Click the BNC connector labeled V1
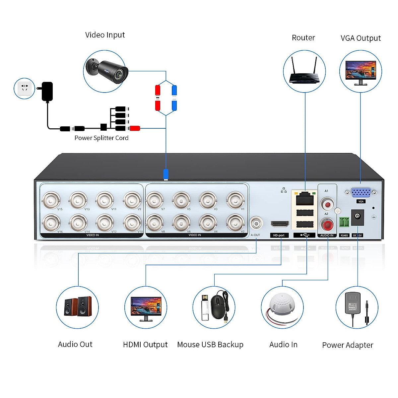pos(235,200)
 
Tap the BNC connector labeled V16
pos(51,223)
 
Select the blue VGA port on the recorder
pos(361,192)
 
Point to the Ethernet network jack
pos(304,199)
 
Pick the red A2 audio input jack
pos(327,226)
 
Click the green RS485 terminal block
pos(344,222)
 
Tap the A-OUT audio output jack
pos(256,224)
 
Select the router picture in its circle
pos(304,71)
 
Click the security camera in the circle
pos(107,71)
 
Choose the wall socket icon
pos(25,88)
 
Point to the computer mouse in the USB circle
pos(218,307)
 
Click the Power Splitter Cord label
pos(101,138)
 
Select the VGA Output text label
pos(361,38)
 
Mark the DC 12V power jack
pos(357,217)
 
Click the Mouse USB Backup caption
pos(210,345)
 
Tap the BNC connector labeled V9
pos(132,200)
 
